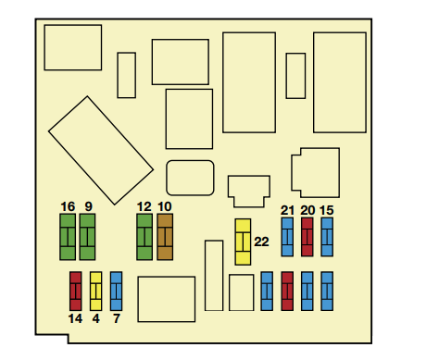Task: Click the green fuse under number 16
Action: pyautogui.click(x=68, y=237)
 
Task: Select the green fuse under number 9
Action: pyautogui.click(x=87, y=237)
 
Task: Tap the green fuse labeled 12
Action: pyautogui.click(x=144, y=237)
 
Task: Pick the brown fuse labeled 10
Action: pyautogui.click(x=165, y=237)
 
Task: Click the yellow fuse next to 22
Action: pyautogui.click(x=243, y=242)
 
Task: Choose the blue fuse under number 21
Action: pyautogui.click(x=287, y=237)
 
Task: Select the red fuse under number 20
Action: pyautogui.click(x=307, y=237)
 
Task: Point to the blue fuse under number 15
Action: pyautogui.click(x=327, y=237)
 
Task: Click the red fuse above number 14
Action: pyautogui.click(x=76, y=292)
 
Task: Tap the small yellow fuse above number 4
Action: pyautogui.click(x=95, y=292)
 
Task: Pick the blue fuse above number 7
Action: pyautogui.click(x=116, y=292)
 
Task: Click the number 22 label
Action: pyautogui.click(x=261, y=242)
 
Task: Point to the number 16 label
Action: pyautogui.click(x=68, y=206)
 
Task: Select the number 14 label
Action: pyautogui.click(x=75, y=318)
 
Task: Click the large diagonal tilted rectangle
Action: pyautogui.click(x=101, y=150)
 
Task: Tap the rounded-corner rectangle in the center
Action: pyautogui.click(x=190, y=178)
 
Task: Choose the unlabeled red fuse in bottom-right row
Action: pyautogui.click(x=287, y=292)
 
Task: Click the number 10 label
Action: pyautogui.click(x=165, y=206)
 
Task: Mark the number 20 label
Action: pyautogui.click(x=307, y=210)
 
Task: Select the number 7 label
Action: pyautogui.click(x=117, y=318)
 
